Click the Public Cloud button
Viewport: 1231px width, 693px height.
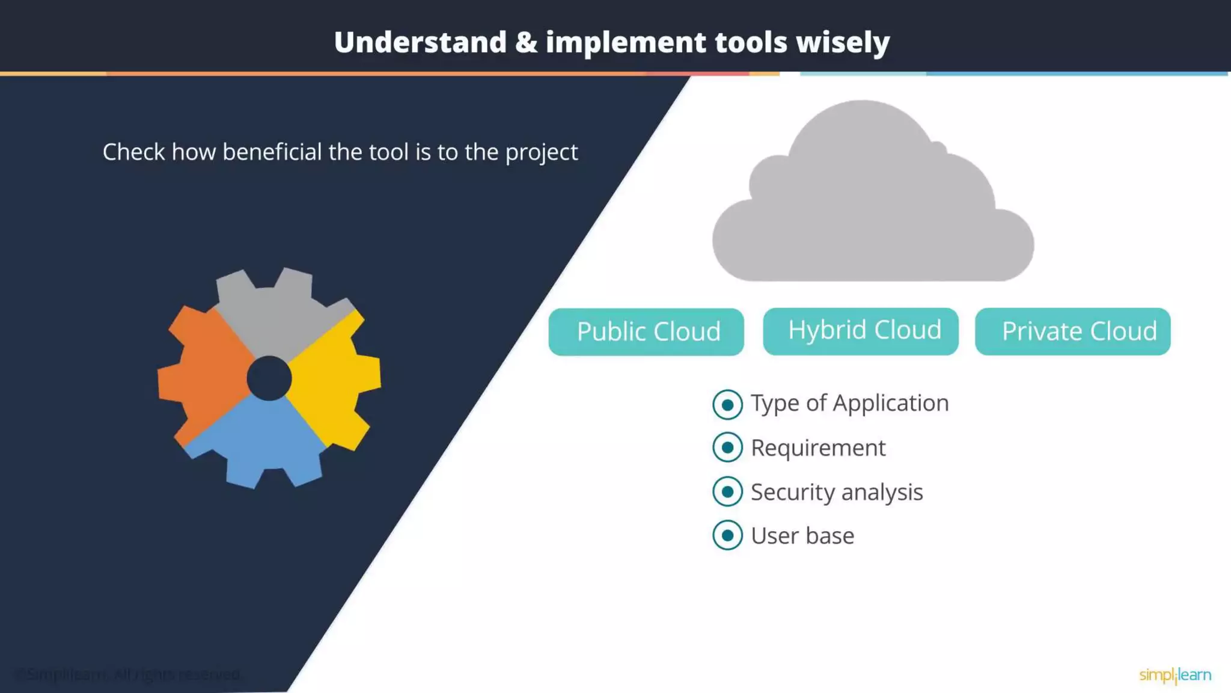pyautogui.click(x=646, y=331)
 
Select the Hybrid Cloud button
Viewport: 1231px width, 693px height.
pyautogui.click(x=861, y=331)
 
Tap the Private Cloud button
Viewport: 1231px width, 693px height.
pyautogui.click(x=1073, y=331)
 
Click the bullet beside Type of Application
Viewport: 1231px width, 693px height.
pyautogui.click(x=727, y=404)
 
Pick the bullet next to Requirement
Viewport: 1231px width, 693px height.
pyautogui.click(x=727, y=448)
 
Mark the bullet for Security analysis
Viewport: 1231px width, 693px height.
pyautogui.click(x=727, y=492)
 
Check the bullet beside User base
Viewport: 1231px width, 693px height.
pyautogui.click(x=727, y=535)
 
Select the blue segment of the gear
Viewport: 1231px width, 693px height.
pyautogui.click(x=264, y=439)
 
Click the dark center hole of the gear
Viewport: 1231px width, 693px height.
pyautogui.click(x=269, y=378)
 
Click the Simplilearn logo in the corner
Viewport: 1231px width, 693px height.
pyautogui.click(x=1175, y=675)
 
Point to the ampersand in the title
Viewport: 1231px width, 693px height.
pyautogui.click(x=526, y=42)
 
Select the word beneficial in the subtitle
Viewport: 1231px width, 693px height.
pyautogui.click(x=272, y=152)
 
